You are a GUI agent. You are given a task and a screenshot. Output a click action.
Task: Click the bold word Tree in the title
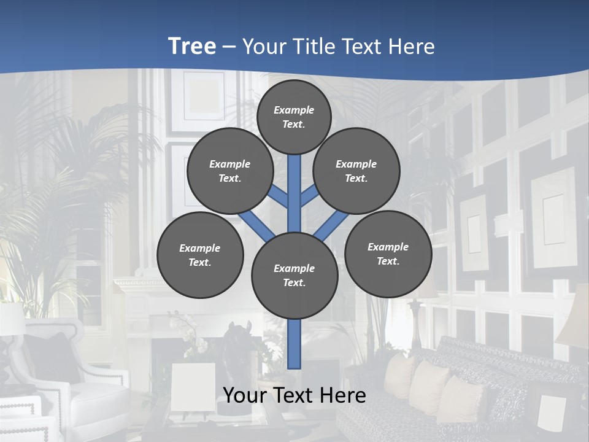pyautogui.click(x=192, y=47)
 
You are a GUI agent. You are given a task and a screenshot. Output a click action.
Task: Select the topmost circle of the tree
pyautogui.click(x=294, y=117)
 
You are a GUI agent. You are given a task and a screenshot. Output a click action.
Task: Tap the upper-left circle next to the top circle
pyautogui.click(x=230, y=171)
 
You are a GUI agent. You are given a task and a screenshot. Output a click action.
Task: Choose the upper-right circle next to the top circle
pyautogui.click(x=356, y=171)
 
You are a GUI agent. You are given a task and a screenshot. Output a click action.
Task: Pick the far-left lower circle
pyautogui.click(x=200, y=255)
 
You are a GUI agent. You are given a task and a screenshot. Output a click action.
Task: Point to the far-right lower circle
pyautogui.click(x=388, y=254)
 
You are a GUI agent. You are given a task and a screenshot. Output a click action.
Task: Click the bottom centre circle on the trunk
pyautogui.click(x=294, y=275)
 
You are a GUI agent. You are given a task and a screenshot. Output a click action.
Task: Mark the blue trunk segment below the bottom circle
pyautogui.click(x=294, y=344)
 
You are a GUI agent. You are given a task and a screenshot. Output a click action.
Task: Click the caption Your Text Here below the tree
pyautogui.click(x=294, y=395)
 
